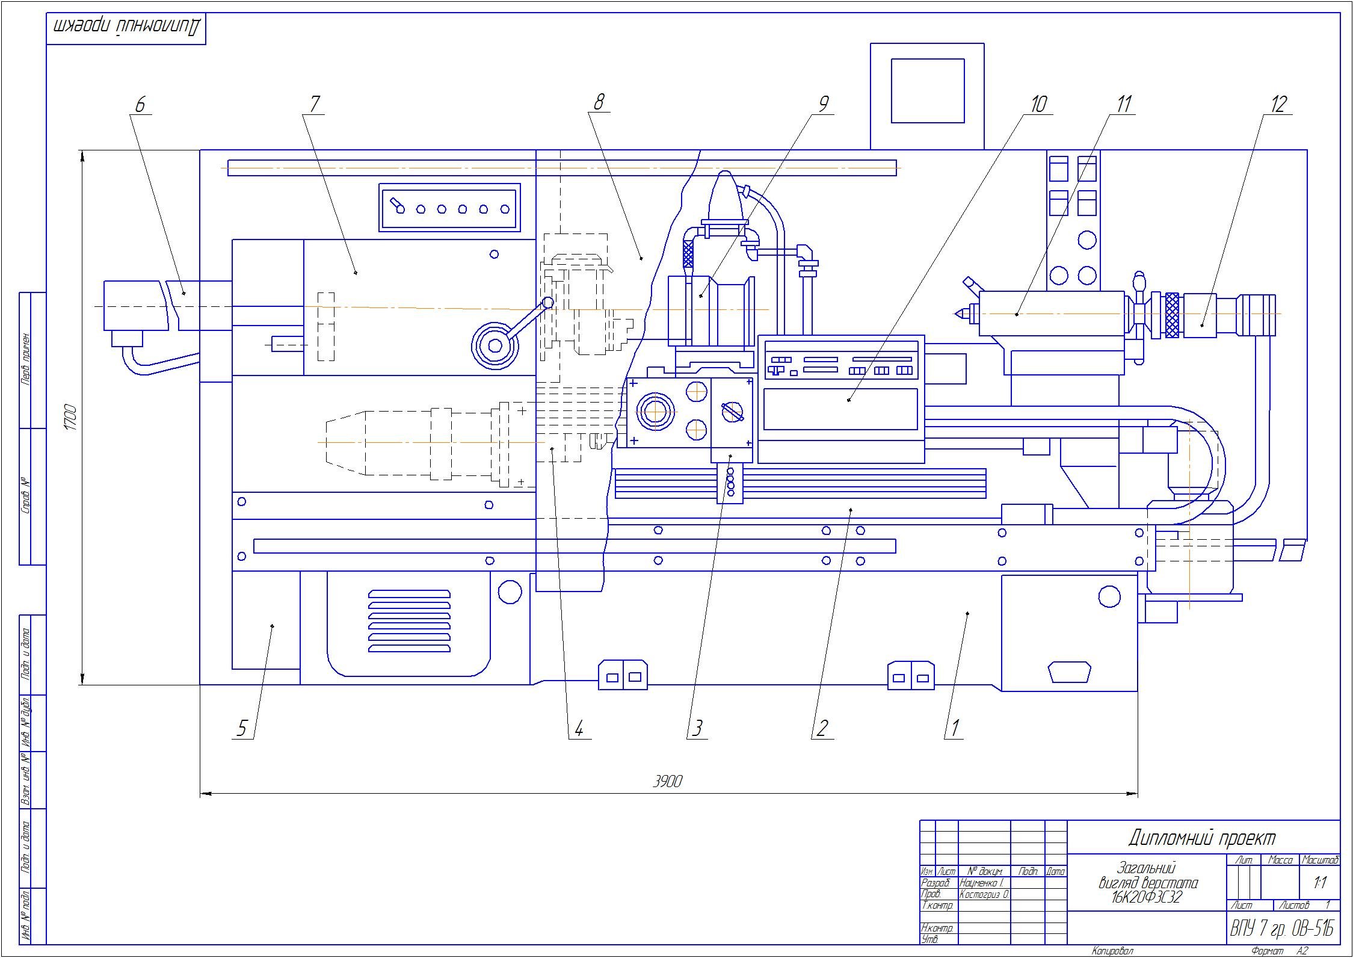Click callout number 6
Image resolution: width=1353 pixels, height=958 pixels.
(140, 105)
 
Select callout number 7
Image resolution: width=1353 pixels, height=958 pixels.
(314, 105)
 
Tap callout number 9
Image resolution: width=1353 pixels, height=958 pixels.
(824, 104)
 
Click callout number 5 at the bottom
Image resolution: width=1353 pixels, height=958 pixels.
(242, 729)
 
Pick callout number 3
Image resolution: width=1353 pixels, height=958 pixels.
(697, 729)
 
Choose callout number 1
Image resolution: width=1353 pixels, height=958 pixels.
(954, 729)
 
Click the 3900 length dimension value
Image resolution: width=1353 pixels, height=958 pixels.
(668, 781)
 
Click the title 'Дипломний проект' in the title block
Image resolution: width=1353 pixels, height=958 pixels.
(1201, 837)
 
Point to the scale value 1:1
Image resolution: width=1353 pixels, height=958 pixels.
(1321, 883)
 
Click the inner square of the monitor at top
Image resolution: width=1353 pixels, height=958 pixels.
(927, 91)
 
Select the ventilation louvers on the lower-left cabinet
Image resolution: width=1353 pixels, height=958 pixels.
(409, 620)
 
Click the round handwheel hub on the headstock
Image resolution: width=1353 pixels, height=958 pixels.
(495, 345)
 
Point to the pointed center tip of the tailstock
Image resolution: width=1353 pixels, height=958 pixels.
(957, 314)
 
